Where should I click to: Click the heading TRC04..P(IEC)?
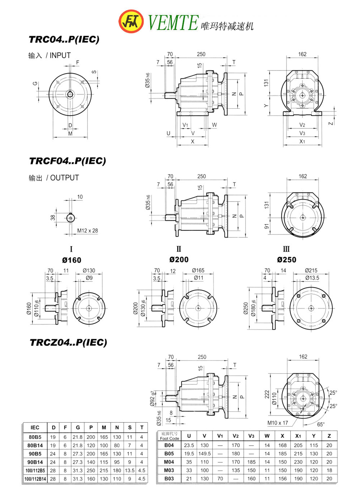pos(64,40)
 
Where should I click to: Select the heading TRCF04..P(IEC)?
pos(67,161)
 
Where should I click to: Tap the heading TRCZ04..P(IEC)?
pos(68,342)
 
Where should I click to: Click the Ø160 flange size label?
pos(72,260)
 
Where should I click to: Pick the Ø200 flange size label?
pos(179,260)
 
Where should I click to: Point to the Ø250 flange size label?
pos(286,260)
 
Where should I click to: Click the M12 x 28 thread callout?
pos(88,230)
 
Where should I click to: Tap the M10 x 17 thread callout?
pos(277,423)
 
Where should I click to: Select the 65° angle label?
pos(321,424)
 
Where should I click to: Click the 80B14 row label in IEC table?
pos(35,445)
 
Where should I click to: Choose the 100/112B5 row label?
pos(35,470)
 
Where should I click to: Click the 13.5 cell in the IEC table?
pos(130,470)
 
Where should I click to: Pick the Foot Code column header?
pos(169,436)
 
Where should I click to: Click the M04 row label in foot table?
pos(169,462)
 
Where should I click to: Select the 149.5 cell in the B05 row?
pos(205,454)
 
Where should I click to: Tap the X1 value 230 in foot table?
pos(298,462)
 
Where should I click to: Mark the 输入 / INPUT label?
pos(49,56)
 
